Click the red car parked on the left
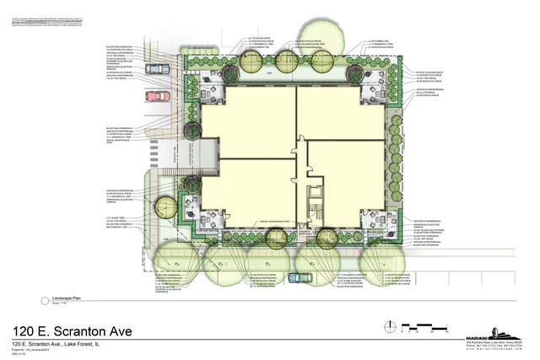tap(158, 95)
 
